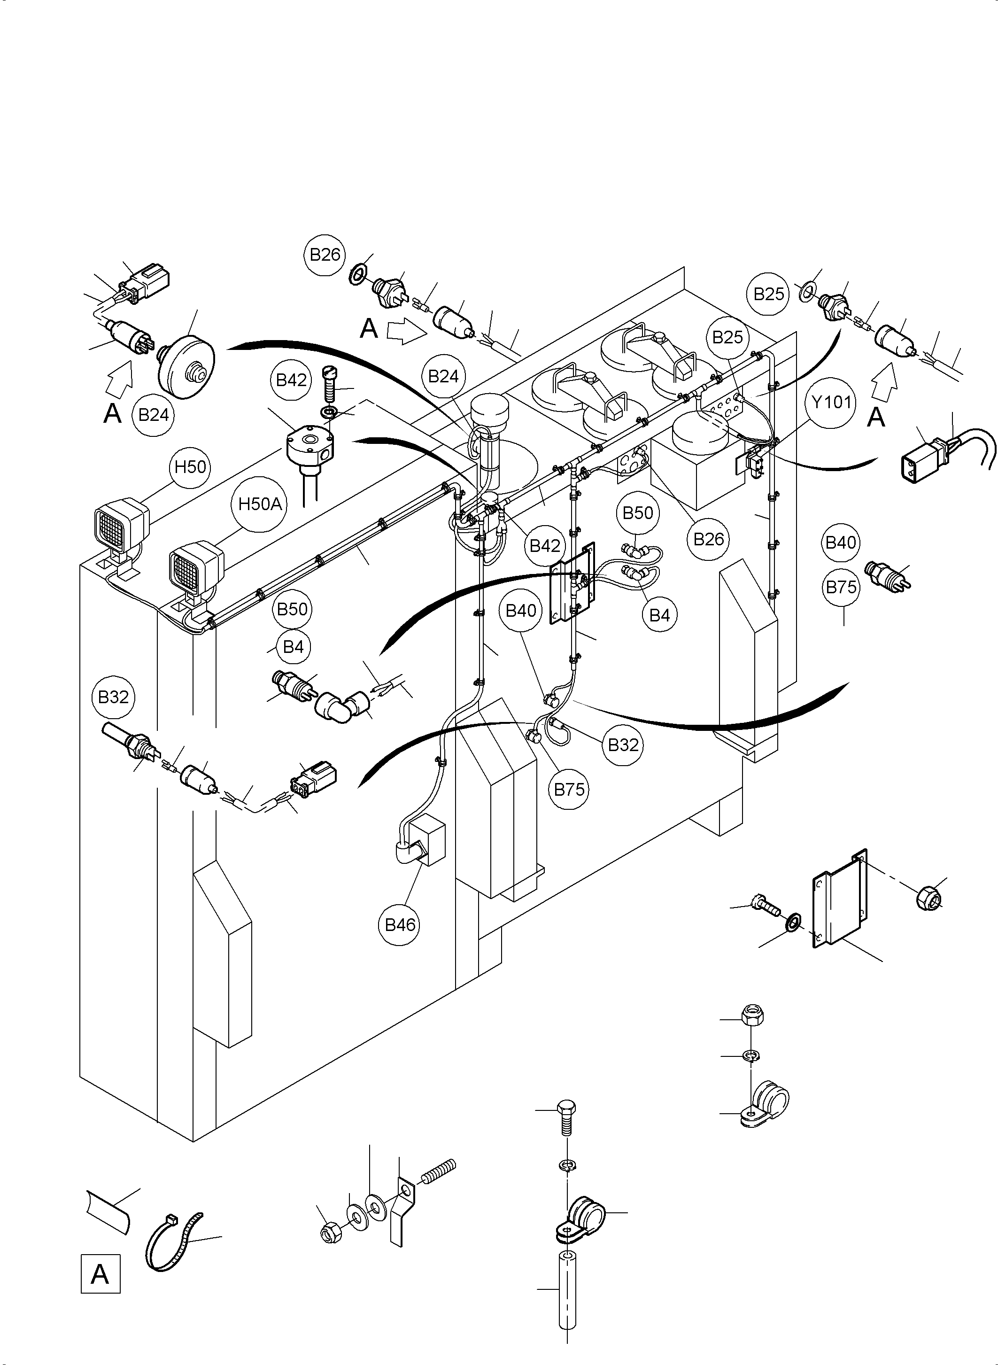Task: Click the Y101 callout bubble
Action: coord(831,402)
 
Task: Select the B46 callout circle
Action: coord(400,924)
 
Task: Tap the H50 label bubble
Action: coord(190,466)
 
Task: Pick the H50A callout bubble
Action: coord(260,504)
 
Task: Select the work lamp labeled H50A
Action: coord(195,568)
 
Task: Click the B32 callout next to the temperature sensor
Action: coord(113,697)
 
